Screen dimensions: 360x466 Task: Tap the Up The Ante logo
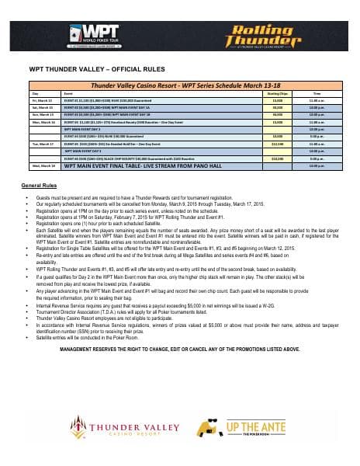point(257,428)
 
